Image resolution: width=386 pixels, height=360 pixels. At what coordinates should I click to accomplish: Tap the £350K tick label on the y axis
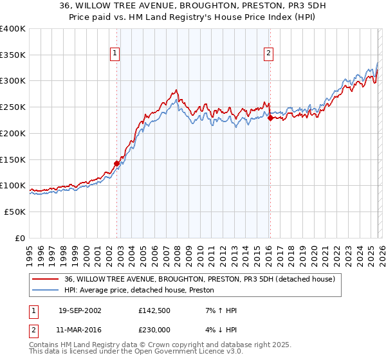click(x=13, y=55)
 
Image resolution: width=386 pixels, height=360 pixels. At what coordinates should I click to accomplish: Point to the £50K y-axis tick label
click(x=15, y=212)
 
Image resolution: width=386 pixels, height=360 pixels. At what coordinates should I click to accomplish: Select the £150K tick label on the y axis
click(x=13, y=159)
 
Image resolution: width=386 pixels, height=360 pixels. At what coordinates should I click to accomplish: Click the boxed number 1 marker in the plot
click(x=115, y=54)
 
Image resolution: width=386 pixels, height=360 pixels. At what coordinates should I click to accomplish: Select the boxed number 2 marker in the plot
click(x=268, y=54)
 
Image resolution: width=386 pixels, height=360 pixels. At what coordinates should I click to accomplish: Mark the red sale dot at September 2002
click(x=117, y=163)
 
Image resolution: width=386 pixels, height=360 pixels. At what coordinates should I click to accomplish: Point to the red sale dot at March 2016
click(x=270, y=118)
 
